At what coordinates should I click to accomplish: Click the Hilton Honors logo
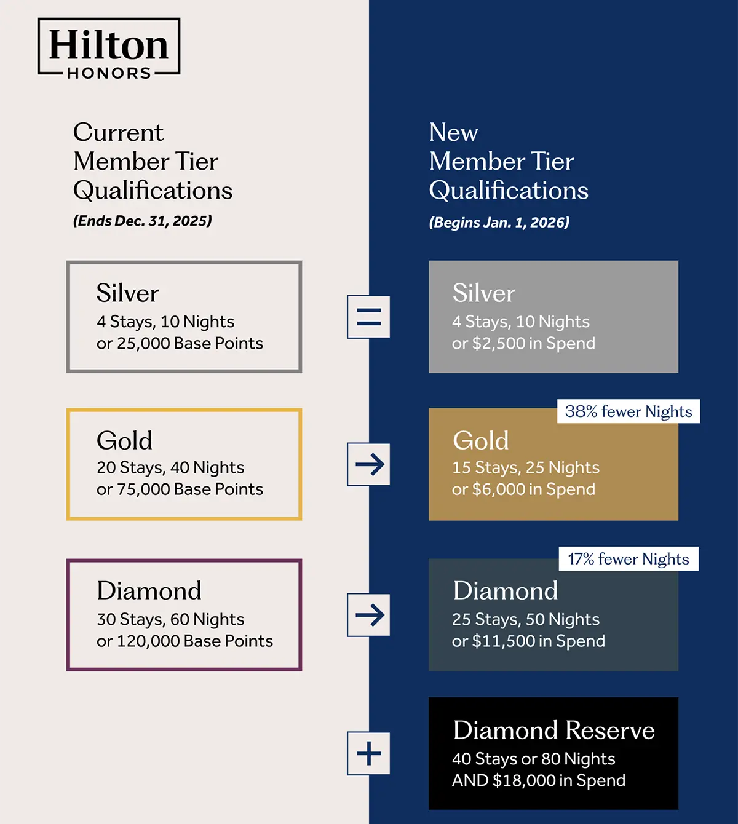(x=109, y=48)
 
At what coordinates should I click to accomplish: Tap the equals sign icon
(x=368, y=317)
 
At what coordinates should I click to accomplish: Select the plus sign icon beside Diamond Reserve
(x=368, y=753)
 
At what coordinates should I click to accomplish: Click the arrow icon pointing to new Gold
(x=368, y=464)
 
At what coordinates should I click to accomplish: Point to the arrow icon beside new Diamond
(x=368, y=614)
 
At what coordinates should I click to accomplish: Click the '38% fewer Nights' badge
(x=629, y=411)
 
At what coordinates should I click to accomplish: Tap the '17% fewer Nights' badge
(x=629, y=559)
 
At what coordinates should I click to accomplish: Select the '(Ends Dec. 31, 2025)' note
(x=143, y=221)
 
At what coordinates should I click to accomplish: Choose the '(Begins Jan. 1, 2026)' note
(x=499, y=222)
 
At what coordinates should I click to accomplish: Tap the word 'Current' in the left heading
(x=119, y=133)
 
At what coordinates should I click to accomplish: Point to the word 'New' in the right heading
(x=454, y=133)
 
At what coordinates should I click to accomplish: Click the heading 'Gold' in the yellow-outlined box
(x=124, y=440)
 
